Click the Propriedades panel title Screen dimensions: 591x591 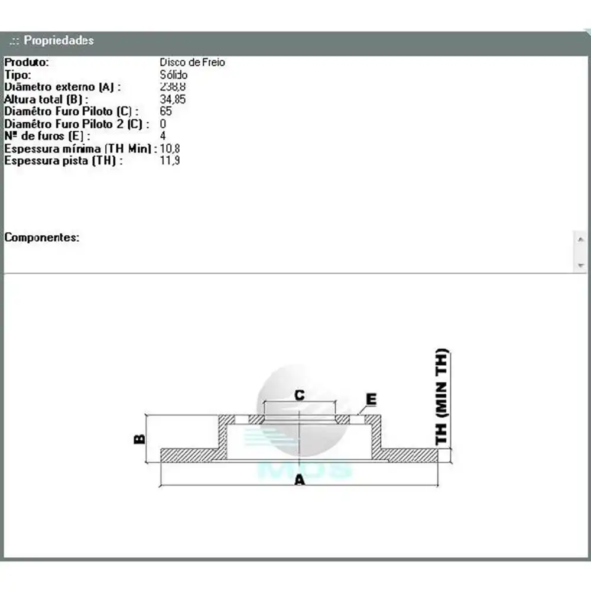[x=59, y=40]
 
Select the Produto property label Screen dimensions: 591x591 [x=27, y=62]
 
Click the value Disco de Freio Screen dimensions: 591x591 [x=192, y=62]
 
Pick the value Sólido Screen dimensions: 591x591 [x=173, y=74]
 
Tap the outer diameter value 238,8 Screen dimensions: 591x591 [x=173, y=87]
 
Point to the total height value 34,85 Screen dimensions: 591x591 [x=173, y=99]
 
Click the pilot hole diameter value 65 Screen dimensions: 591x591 [x=166, y=111]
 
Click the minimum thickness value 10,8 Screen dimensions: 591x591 [x=170, y=148]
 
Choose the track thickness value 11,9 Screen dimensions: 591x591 [x=170, y=161]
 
